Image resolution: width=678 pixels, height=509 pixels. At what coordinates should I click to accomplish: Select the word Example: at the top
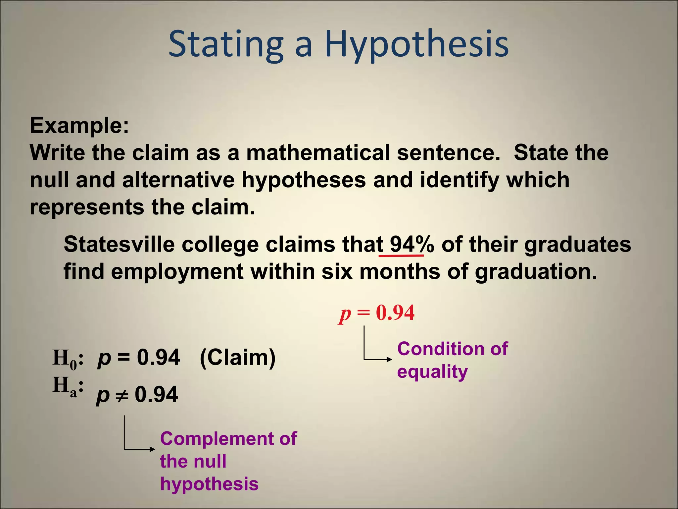click(x=79, y=125)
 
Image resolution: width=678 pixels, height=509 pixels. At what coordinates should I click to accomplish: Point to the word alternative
click(x=178, y=180)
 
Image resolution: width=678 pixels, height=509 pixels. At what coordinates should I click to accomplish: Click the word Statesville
click(x=119, y=245)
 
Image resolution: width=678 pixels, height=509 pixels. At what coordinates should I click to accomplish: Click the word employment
click(x=177, y=272)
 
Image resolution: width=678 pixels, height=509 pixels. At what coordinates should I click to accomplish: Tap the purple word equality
click(x=432, y=372)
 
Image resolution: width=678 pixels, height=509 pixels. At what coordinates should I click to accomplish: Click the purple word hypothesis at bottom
click(x=209, y=484)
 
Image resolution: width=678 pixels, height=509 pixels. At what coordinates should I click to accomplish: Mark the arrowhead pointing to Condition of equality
click(x=390, y=359)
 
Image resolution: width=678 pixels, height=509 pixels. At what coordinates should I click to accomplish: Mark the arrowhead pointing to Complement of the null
click(x=152, y=449)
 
